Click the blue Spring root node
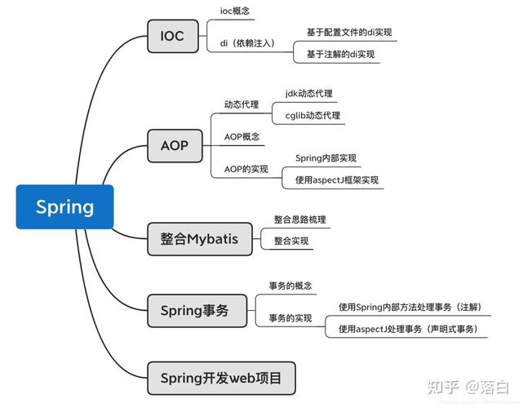click(64, 206)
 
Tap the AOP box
click(174, 146)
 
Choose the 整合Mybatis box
click(200, 239)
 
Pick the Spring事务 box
click(193, 310)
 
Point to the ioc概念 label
click(236, 11)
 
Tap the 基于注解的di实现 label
click(341, 54)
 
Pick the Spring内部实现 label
click(326, 158)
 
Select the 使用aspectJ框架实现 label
click(337, 180)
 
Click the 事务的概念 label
click(290, 286)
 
